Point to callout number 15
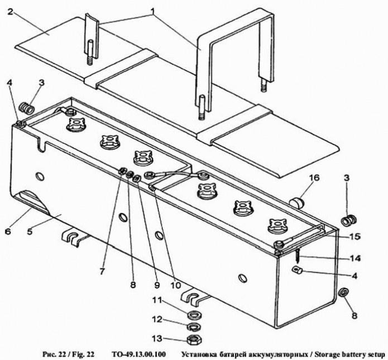(x=355, y=237)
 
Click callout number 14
(x=355, y=258)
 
